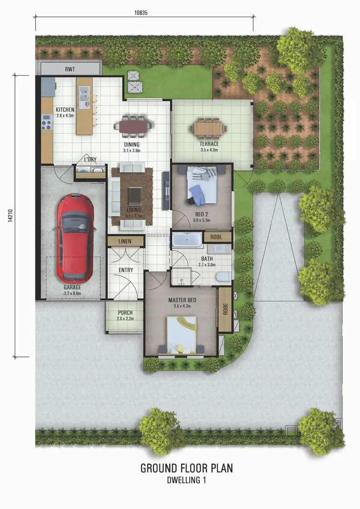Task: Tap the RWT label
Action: point(70,69)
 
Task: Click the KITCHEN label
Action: point(65,109)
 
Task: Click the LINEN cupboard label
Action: point(125,242)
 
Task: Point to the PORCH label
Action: point(125,312)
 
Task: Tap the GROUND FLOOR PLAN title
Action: point(187,468)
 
